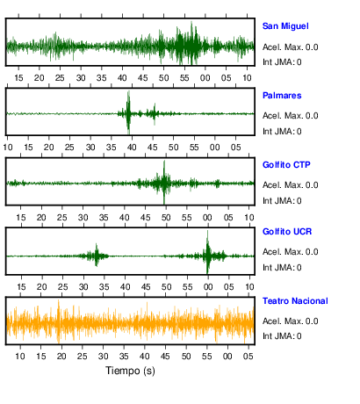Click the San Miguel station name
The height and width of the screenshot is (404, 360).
(x=285, y=26)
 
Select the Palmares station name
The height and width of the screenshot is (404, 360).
(x=282, y=96)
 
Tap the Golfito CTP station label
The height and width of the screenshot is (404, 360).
(x=286, y=165)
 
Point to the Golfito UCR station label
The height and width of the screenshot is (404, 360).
(x=287, y=232)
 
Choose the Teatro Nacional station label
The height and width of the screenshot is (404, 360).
(x=295, y=301)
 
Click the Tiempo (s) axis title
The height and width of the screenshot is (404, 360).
(x=130, y=371)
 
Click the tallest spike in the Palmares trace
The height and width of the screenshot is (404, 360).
(x=128, y=112)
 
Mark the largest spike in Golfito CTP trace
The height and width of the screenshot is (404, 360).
(x=164, y=182)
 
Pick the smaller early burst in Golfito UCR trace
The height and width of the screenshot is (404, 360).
(x=96, y=255)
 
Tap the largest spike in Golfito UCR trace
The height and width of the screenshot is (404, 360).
(x=207, y=252)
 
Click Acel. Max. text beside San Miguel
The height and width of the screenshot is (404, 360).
(x=282, y=47)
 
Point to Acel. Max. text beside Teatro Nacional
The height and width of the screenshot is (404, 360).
(x=282, y=321)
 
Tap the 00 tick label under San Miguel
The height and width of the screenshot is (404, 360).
(x=205, y=78)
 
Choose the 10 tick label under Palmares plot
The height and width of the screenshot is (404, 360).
(x=8, y=148)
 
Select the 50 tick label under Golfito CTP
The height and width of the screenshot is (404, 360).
(x=166, y=218)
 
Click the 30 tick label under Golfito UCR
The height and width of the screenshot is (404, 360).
(x=83, y=286)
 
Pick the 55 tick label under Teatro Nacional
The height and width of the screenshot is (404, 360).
(x=206, y=357)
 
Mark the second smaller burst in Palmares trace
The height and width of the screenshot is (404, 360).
(x=155, y=113)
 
